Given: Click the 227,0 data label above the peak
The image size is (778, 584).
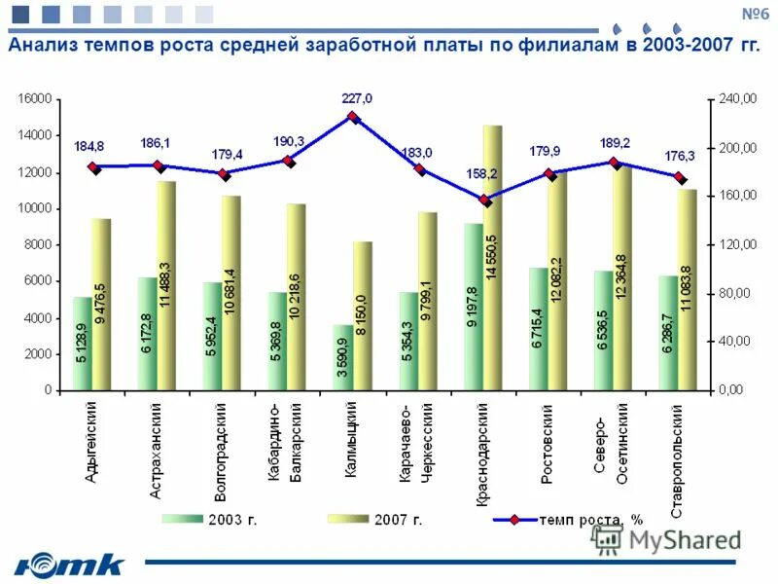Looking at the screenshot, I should coord(357,97).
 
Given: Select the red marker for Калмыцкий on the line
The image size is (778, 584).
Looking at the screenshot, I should coord(354,117).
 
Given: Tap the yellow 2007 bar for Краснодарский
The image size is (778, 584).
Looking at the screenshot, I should coord(492,257).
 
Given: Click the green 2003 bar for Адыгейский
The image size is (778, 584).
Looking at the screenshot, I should coord(83,343).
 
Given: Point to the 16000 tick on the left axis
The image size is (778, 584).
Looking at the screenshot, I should coord(33,99).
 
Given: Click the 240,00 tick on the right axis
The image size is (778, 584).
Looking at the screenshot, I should coord(736,99).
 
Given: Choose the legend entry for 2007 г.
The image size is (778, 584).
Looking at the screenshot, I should coord(374,520).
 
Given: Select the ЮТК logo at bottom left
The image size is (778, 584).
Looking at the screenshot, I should coord(70,564).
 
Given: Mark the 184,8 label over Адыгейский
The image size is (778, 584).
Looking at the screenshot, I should coord(89,147).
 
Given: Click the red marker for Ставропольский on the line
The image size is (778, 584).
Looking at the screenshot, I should coord(680,177).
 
